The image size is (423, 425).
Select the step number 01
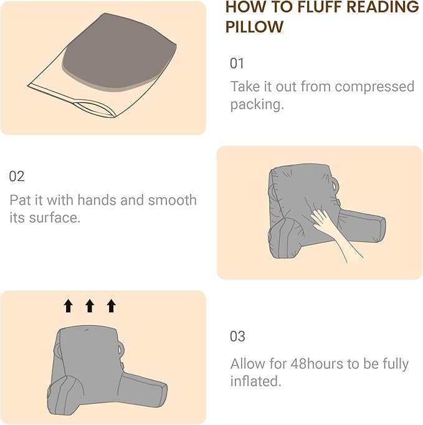tap(237, 64)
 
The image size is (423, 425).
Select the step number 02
tap(17, 177)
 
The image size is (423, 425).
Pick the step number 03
tap(237, 336)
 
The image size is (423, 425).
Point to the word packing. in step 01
tap(257, 104)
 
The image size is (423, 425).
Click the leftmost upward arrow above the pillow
tap(69, 305)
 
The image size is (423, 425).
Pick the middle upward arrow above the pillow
tap(90, 305)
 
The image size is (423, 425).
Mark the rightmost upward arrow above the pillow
tap(111, 305)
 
